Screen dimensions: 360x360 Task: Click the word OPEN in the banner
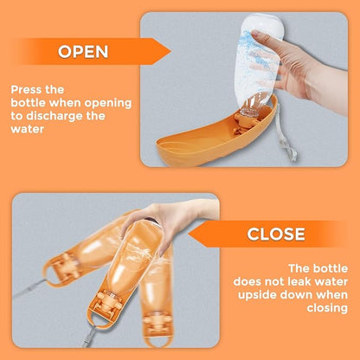(83, 52)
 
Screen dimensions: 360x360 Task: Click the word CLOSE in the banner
(276, 234)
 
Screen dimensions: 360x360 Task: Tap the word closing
(327, 308)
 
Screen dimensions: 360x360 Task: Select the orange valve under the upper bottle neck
(243, 121)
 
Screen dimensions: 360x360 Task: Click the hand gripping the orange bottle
(170, 223)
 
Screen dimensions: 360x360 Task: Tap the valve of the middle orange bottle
(109, 304)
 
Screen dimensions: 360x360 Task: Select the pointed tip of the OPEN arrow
(170, 52)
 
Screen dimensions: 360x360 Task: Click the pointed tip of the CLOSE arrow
(189, 234)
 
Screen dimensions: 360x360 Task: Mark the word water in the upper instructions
(28, 129)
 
